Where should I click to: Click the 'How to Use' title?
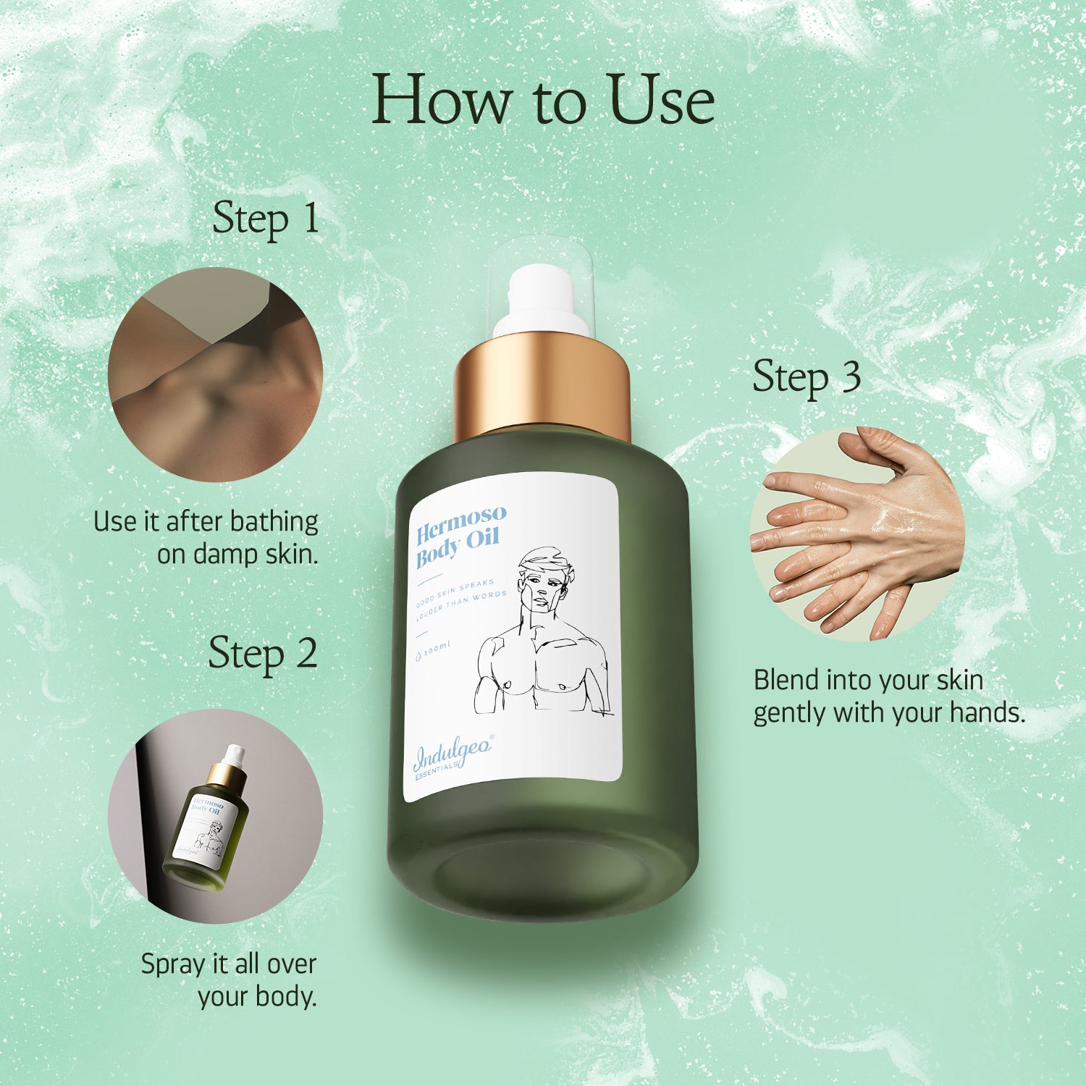[x=543, y=100]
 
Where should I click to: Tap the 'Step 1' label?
[x=266, y=219]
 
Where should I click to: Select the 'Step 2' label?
[x=263, y=654]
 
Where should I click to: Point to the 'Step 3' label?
[x=807, y=378]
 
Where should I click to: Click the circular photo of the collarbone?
[x=215, y=374]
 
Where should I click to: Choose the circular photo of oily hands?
[x=857, y=534]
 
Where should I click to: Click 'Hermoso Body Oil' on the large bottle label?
[x=460, y=536]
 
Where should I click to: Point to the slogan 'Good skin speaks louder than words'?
[x=460, y=599]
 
